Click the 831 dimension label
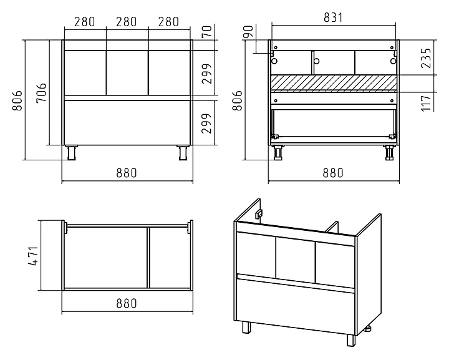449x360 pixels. click(x=333, y=17)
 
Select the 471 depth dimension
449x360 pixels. click(x=34, y=256)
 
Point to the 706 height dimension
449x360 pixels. click(x=42, y=92)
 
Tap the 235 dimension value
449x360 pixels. click(x=426, y=58)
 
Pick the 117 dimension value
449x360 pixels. click(x=426, y=103)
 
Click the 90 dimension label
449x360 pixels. click(x=248, y=32)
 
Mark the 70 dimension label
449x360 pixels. click(x=207, y=31)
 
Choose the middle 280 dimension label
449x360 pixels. click(x=126, y=22)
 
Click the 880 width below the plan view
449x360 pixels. click(x=127, y=303)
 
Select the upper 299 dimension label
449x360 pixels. click(x=207, y=74)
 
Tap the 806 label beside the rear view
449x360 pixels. click(x=238, y=100)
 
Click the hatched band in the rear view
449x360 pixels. click(x=334, y=84)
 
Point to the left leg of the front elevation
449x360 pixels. click(x=71, y=152)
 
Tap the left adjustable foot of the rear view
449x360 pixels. click(x=278, y=153)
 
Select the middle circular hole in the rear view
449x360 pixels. click(x=316, y=61)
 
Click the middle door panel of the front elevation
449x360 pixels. click(x=127, y=73)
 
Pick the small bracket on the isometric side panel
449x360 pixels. click(x=259, y=213)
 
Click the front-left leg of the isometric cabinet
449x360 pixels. click(x=246, y=327)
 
